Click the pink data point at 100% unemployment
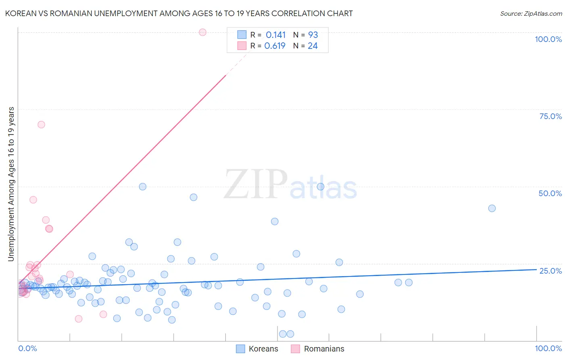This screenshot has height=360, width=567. pyautogui.click(x=202, y=32)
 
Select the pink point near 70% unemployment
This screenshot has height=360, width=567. pyautogui.click(x=41, y=124)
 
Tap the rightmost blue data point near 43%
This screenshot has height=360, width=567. pyautogui.click(x=492, y=208)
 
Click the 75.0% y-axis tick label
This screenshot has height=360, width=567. pyautogui.click(x=550, y=116)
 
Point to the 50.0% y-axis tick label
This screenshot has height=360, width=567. pyautogui.click(x=550, y=193)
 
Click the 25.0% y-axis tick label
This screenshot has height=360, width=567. pyautogui.click(x=550, y=271)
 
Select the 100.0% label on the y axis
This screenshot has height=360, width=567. pyautogui.click(x=548, y=39)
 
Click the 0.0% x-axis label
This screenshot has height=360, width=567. pyautogui.click(x=27, y=348)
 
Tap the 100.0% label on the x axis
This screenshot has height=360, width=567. pyautogui.click(x=548, y=348)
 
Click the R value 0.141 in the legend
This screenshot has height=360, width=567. pyautogui.click(x=275, y=35)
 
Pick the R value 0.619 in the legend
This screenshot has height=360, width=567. pyautogui.click(x=275, y=46)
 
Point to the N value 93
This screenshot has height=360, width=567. pyautogui.click(x=313, y=35)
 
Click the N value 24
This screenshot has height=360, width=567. pyautogui.click(x=313, y=46)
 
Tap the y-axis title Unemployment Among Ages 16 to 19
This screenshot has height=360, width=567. pyautogui.click(x=11, y=184)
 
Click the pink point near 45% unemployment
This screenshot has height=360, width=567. pyautogui.click(x=33, y=200)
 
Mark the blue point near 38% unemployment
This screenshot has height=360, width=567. pyautogui.click(x=275, y=221)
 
